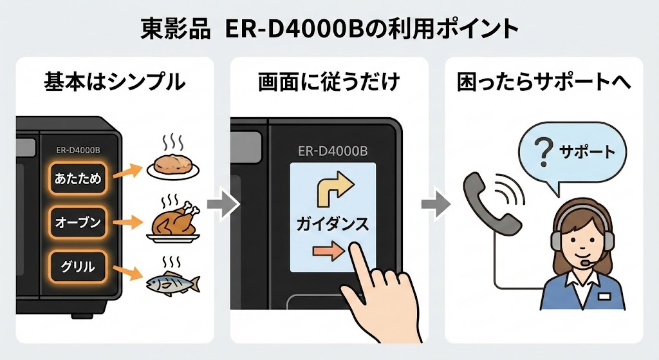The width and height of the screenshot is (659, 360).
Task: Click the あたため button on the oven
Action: point(78,179)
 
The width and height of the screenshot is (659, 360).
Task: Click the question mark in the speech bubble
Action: point(543,153)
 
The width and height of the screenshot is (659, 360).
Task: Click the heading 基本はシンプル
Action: point(115,82)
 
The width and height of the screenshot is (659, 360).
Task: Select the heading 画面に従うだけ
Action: point(329,82)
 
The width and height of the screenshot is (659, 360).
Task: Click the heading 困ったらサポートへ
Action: point(543,82)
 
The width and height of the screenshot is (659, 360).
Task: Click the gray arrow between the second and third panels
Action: point(436,205)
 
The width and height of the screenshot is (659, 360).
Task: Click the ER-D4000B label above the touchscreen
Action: point(333,151)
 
